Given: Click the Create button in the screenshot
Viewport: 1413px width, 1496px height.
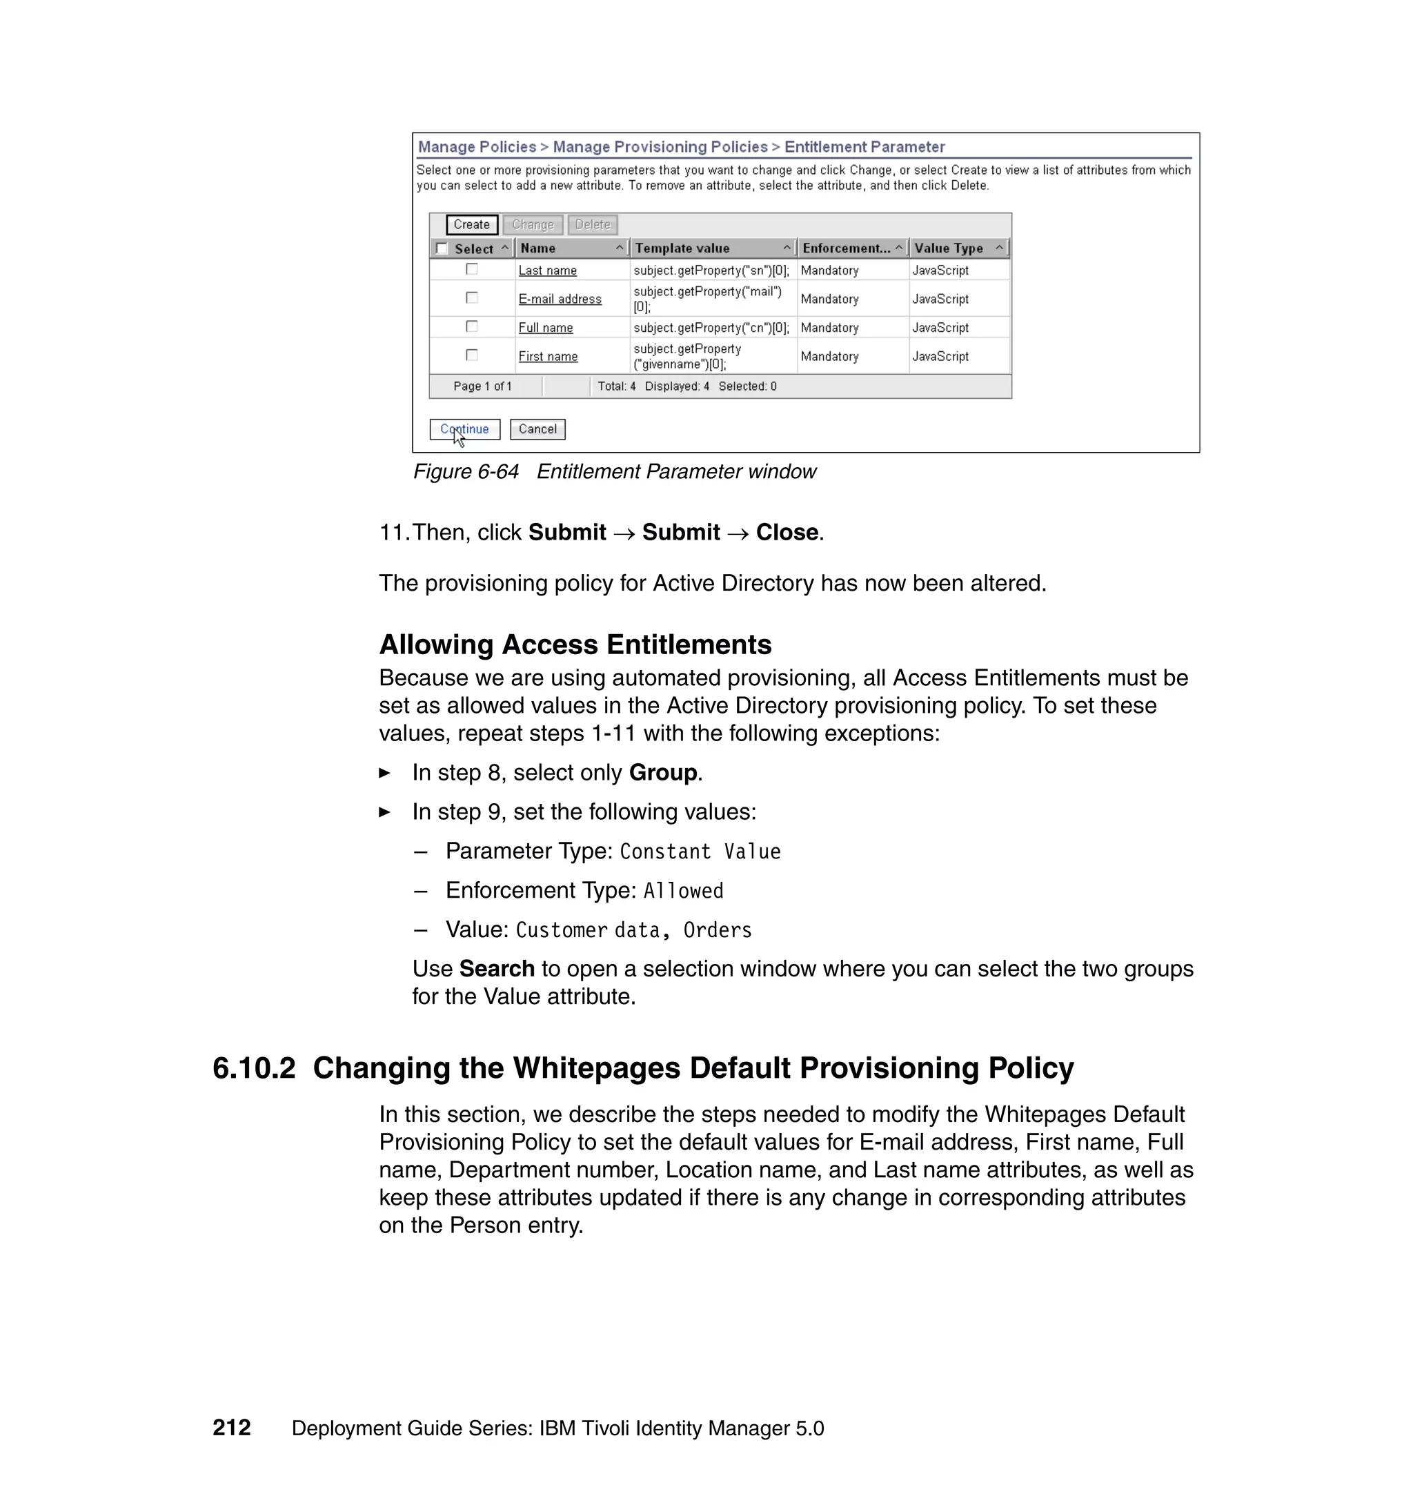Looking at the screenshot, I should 471,224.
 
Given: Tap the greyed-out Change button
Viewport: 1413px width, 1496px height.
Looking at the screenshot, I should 533,224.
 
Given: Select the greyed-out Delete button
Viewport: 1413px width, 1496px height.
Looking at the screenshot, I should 592,224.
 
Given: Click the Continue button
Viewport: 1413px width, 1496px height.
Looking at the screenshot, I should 465,429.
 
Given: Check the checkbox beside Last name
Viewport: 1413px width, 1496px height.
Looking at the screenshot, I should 471,269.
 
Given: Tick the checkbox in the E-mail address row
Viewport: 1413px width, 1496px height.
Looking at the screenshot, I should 471,297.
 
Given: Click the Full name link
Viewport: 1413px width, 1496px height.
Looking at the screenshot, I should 545,328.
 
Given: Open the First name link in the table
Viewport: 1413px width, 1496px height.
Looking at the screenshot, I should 548,356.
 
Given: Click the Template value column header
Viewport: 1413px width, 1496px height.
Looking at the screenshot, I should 682,248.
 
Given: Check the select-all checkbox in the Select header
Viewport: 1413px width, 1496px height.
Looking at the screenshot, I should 442,248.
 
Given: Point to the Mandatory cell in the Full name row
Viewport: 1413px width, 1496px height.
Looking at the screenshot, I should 829,328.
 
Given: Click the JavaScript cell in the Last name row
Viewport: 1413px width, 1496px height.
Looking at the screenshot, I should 940,270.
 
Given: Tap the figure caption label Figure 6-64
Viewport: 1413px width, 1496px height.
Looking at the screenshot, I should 466,471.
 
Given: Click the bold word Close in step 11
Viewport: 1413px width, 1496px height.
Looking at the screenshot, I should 787,532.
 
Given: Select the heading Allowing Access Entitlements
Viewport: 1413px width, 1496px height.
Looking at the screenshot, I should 575,644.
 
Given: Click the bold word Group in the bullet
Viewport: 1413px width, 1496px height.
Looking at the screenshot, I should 663,772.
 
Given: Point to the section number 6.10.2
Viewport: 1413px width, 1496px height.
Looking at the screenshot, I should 254,1068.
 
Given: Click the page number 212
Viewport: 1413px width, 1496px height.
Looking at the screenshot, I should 231,1428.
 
